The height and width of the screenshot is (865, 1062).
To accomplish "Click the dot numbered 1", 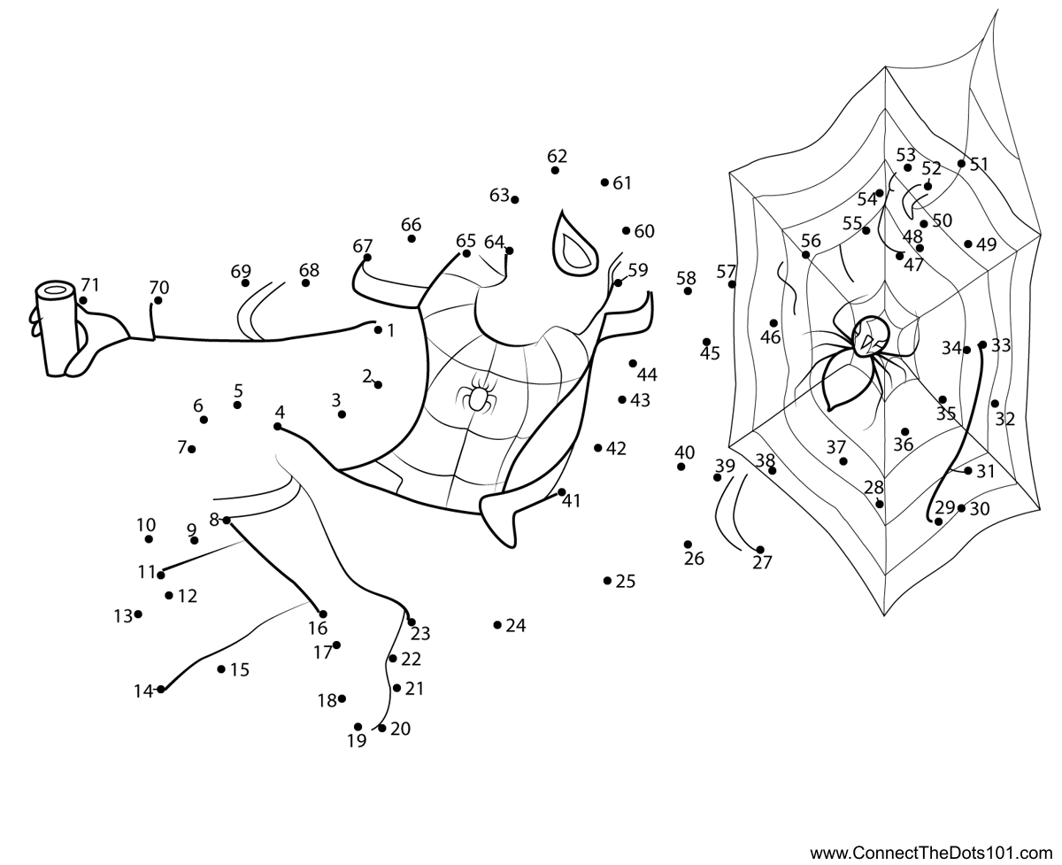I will tap(378, 330).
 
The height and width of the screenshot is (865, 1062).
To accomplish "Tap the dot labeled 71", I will tap(83, 300).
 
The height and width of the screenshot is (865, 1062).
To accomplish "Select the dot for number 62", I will tap(555, 170).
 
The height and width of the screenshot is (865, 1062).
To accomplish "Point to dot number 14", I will tap(161, 689).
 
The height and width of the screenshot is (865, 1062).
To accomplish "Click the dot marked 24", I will tap(497, 625).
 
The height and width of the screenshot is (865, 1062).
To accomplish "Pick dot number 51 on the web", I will tap(962, 164).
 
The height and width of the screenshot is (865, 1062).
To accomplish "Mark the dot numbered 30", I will tap(961, 508).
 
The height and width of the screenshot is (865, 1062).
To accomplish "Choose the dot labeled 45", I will tap(707, 342).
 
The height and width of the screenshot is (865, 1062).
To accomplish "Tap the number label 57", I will tap(727, 271).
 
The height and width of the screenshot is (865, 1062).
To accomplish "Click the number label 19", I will tap(357, 741).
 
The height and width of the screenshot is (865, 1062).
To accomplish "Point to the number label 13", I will tap(122, 616).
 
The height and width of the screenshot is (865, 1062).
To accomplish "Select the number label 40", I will tap(684, 452).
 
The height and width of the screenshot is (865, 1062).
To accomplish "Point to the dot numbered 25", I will tap(607, 581).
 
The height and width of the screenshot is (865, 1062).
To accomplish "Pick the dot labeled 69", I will tap(245, 283).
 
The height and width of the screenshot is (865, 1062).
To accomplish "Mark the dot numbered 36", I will tap(904, 432).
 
